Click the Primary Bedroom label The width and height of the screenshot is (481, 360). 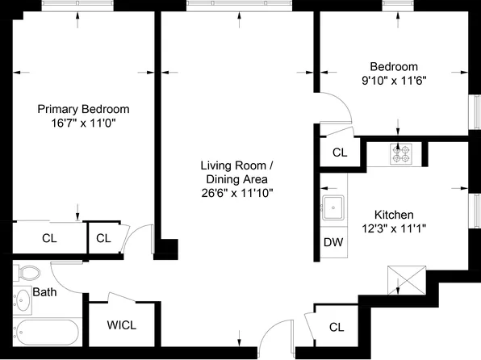(83, 109)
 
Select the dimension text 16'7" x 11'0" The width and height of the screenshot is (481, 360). (83, 123)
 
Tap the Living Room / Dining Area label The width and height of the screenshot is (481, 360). (236, 172)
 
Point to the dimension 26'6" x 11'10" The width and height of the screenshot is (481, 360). (236, 193)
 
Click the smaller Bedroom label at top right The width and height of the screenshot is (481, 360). (394, 66)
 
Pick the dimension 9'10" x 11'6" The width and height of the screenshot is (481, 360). (394, 80)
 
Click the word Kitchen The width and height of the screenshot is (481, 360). (394, 215)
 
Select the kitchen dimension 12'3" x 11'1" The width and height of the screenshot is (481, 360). (394, 228)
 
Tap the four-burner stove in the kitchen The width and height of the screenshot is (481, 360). (400, 153)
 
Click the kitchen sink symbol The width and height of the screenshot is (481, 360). (333, 208)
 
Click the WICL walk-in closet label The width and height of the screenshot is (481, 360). (122, 325)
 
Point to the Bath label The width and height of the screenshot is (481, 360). (44, 292)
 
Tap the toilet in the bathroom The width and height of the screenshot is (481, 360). (27, 274)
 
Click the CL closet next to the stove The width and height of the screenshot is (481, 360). (340, 152)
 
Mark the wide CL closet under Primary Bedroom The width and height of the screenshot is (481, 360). (49, 238)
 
